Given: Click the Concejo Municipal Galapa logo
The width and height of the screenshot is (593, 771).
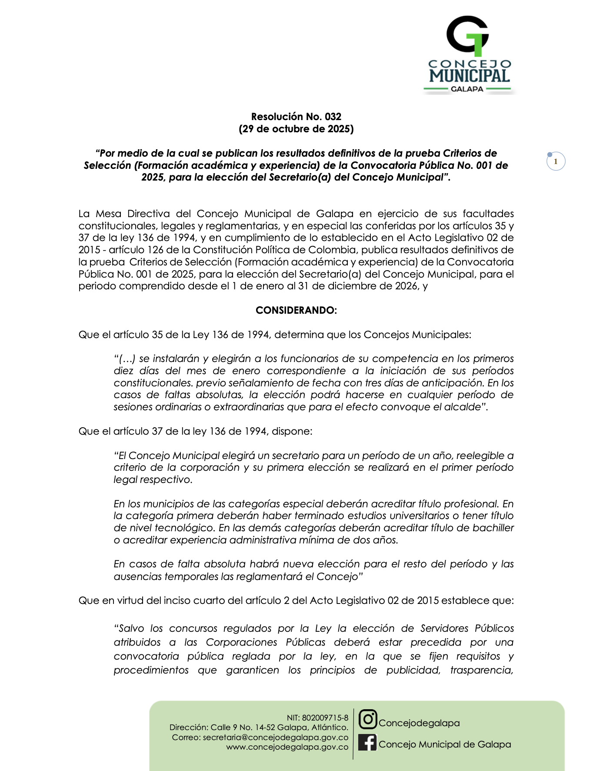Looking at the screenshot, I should click(x=469, y=55).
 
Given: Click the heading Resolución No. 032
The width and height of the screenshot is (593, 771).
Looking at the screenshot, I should click(x=296, y=117).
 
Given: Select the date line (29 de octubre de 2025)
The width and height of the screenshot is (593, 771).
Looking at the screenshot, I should click(x=296, y=129).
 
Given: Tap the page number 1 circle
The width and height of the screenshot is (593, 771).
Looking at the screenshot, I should click(x=556, y=161).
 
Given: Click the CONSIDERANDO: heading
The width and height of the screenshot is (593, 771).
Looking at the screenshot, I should click(x=296, y=310).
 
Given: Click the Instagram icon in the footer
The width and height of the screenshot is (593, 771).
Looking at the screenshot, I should click(x=368, y=719).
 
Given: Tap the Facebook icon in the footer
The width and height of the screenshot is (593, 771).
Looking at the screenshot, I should click(x=367, y=742).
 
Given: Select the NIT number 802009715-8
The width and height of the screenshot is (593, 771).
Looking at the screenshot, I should click(x=325, y=718).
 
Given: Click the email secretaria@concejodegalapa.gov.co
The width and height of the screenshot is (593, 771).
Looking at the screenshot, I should click(x=276, y=737).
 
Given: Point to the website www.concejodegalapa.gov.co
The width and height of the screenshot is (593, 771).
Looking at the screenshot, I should click(x=287, y=747).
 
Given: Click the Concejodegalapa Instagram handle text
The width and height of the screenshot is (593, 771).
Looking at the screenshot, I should click(x=419, y=723).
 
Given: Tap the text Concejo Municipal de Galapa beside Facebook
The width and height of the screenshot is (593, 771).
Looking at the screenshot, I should click(x=445, y=744).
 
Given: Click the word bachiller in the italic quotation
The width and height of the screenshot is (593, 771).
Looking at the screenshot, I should click(x=495, y=528).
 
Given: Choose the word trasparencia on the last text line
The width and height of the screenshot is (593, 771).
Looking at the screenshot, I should click(x=481, y=670).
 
